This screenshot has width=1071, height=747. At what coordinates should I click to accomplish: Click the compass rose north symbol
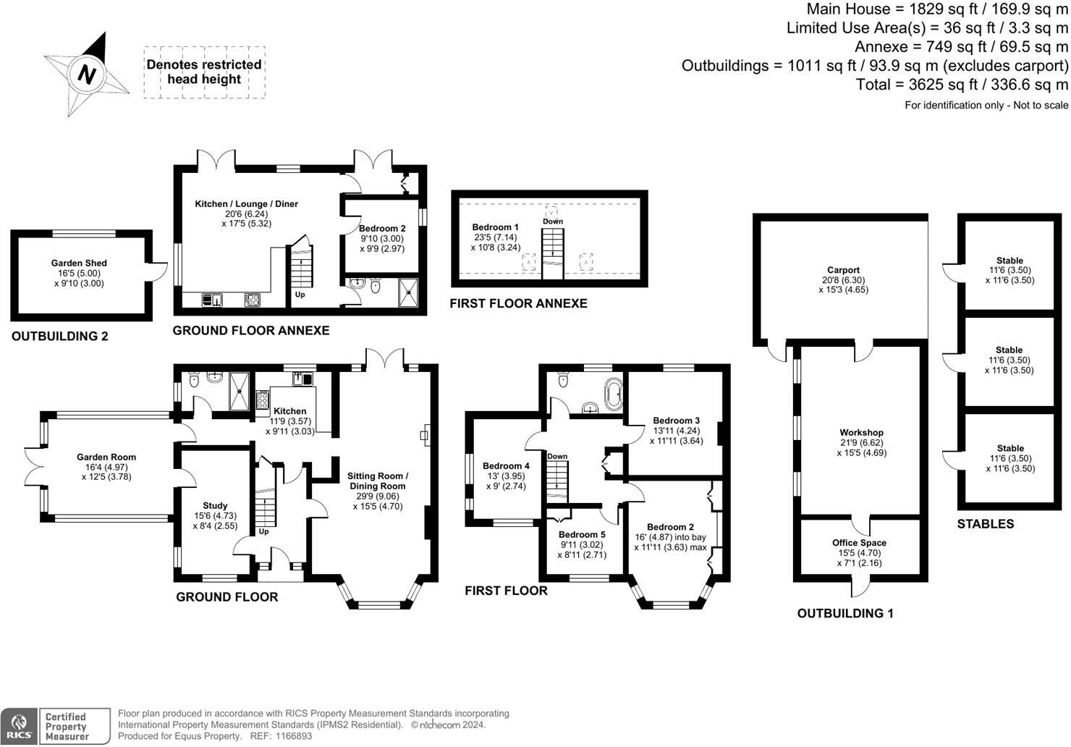(87, 74)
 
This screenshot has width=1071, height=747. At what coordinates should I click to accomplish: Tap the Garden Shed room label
(79, 263)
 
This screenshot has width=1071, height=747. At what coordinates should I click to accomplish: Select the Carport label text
(843, 270)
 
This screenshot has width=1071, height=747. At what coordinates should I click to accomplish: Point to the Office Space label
(859, 543)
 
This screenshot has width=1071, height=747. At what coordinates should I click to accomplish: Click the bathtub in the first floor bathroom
(613, 392)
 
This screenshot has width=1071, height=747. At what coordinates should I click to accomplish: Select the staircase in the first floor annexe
(552, 251)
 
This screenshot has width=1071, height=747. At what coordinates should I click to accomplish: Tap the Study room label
(215, 506)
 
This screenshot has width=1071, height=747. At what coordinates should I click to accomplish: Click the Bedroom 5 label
(582, 535)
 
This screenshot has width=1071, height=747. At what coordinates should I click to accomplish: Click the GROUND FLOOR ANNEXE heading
(250, 331)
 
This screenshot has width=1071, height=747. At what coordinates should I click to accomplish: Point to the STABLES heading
(985, 524)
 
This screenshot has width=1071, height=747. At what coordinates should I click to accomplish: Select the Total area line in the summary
(962, 85)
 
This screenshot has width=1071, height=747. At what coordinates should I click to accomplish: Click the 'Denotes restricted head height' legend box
(204, 72)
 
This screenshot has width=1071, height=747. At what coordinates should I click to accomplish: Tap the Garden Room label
(106, 457)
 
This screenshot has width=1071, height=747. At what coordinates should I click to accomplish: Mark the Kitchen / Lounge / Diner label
(246, 204)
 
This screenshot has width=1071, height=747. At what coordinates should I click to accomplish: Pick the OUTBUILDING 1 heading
(844, 614)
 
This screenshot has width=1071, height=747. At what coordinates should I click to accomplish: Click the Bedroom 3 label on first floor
(676, 421)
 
